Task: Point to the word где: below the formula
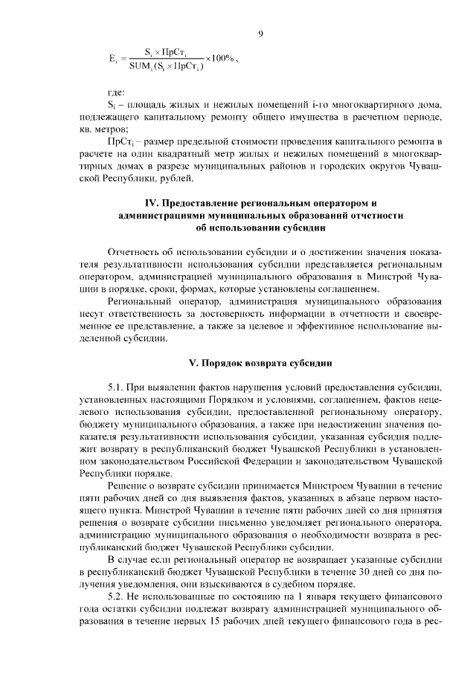pos(116,91)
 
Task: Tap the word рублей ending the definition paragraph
pos(175,179)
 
